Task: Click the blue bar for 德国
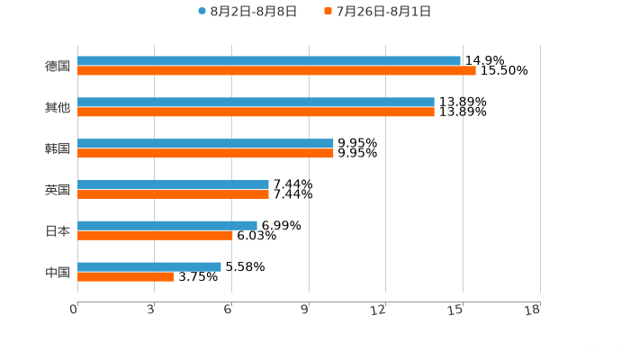[x=269, y=61]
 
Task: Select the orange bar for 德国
[x=276, y=71]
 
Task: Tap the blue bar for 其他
[x=256, y=103]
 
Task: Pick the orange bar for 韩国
[x=205, y=154]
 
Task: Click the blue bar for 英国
[x=173, y=184]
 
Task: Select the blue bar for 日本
[x=167, y=225]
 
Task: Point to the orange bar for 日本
[x=155, y=236]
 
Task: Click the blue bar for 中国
[x=149, y=266]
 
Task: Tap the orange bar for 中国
[x=126, y=277]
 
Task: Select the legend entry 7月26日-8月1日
[x=377, y=12]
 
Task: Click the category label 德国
[x=58, y=66]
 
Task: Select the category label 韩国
[x=58, y=148]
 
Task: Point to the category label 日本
[x=58, y=230]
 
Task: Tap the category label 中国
[x=58, y=272]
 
